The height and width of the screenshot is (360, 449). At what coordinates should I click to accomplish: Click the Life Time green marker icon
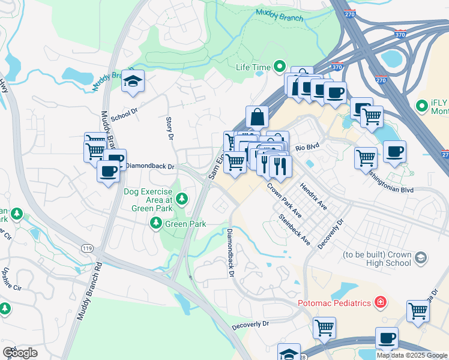279,67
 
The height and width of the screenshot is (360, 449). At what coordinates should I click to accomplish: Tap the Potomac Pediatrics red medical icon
379,302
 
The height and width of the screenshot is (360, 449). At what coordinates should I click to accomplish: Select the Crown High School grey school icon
421,257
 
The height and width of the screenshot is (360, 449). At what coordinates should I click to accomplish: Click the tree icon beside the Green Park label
156,224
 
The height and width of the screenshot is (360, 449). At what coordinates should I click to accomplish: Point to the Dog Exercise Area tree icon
181,199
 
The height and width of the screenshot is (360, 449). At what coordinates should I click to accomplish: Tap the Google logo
20,353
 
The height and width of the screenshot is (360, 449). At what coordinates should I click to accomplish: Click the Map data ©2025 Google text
412,355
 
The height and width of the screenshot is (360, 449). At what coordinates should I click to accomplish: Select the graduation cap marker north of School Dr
133,82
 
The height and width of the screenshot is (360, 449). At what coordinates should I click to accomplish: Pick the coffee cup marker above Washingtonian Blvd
394,152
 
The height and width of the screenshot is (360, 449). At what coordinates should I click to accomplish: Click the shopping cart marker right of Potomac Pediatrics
418,311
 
